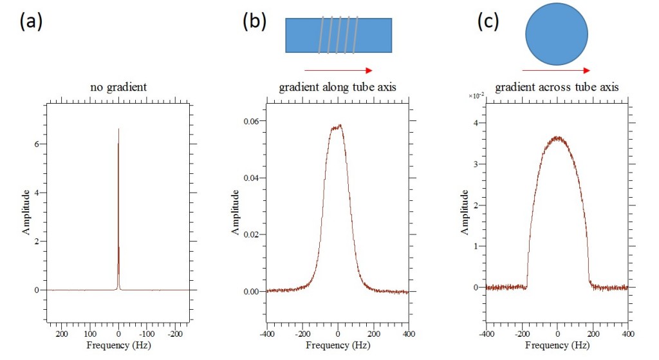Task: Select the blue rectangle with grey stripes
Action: coord(339,35)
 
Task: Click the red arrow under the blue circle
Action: coord(557,70)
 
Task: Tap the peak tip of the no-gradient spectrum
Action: coord(118,129)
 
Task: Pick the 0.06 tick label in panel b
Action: coord(251,121)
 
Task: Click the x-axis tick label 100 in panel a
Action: coord(90,334)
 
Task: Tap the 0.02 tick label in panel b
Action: coord(251,234)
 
